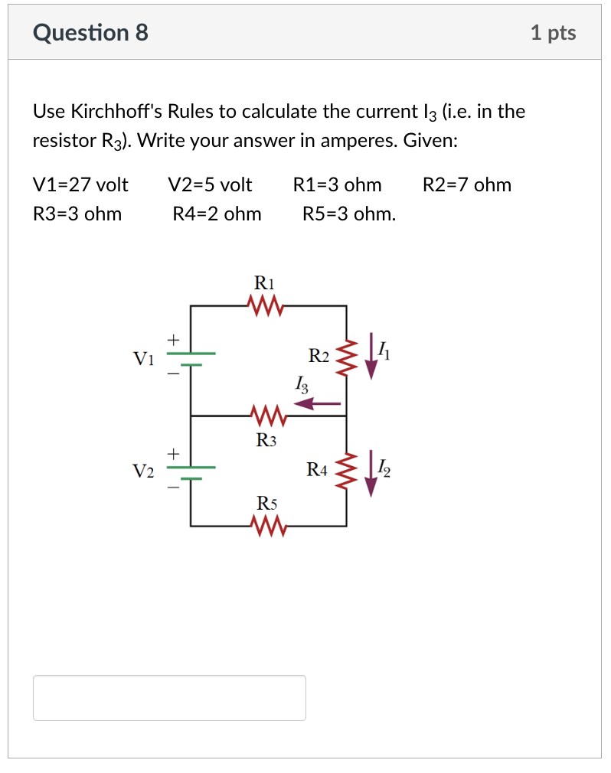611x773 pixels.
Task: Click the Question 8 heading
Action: pyautogui.click(x=91, y=33)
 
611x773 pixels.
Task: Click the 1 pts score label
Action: pyautogui.click(x=553, y=33)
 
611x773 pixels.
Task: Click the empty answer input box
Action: pyautogui.click(x=169, y=697)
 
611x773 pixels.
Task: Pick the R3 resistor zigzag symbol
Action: pyautogui.click(x=266, y=416)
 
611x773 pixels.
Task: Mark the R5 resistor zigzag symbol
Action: pyautogui.click(x=266, y=526)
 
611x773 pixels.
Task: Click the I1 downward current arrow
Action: pyautogui.click(x=371, y=356)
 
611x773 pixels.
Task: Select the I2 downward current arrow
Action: pyautogui.click(x=371, y=475)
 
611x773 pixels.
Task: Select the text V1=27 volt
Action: pyautogui.click(x=81, y=184)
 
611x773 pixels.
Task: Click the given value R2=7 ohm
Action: pyautogui.click(x=466, y=184)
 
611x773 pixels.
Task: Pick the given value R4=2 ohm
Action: pyautogui.click(x=217, y=214)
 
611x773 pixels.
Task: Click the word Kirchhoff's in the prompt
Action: pyautogui.click(x=117, y=112)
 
